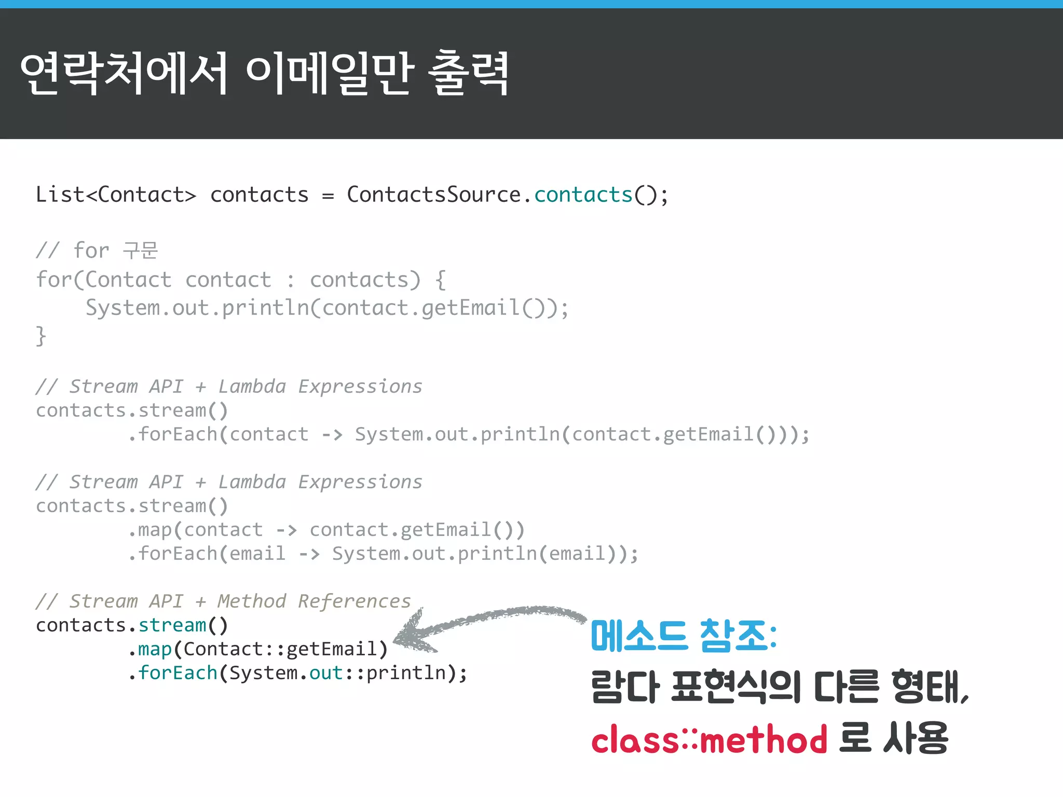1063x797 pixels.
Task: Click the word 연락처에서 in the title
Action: (124, 73)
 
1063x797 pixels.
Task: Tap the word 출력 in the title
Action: (468, 73)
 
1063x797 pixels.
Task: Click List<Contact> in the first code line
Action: (116, 195)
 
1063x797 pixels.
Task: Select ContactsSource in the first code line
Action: (433, 195)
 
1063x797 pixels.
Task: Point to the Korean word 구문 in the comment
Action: (140, 251)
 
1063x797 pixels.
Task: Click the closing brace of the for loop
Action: (41, 336)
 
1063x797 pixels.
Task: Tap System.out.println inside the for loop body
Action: (197, 308)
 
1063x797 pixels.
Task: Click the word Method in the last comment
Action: (252, 601)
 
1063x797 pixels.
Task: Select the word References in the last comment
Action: (355, 601)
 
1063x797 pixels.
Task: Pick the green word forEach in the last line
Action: (178, 673)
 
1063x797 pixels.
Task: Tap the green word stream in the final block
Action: (172, 625)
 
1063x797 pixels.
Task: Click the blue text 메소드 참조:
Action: (684, 636)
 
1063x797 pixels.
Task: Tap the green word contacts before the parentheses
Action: (583, 195)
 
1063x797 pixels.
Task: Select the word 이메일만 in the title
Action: (330, 73)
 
